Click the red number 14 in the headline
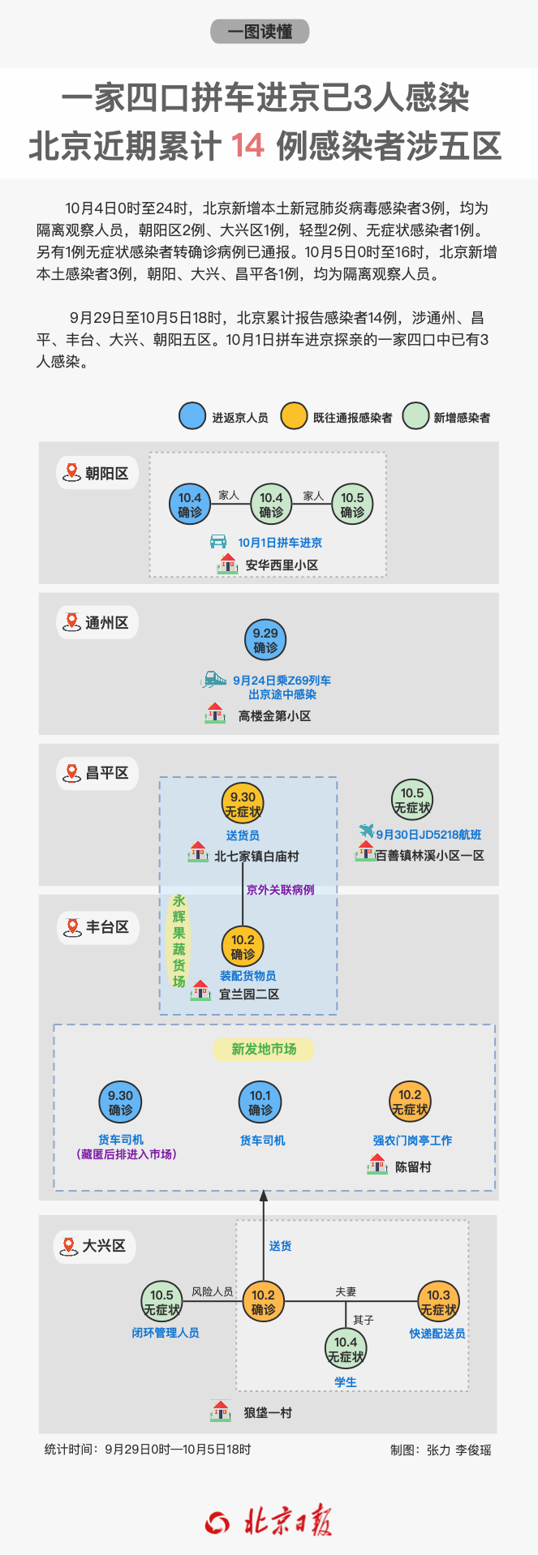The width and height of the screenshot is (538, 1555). click(x=247, y=146)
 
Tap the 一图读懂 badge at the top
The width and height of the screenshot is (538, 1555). click(x=260, y=32)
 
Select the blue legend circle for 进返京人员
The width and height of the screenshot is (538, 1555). click(x=192, y=416)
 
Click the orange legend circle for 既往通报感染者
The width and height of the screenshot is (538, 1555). click(x=294, y=416)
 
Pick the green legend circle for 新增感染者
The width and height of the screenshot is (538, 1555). click(x=415, y=416)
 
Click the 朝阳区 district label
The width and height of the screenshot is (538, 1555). click(x=97, y=473)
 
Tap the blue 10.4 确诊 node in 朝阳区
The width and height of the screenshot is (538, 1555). click(x=190, y=505)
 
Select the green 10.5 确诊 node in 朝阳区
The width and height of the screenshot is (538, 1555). click(x=352, y=505)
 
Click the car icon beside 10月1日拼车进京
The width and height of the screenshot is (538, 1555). click(x=218, y=541)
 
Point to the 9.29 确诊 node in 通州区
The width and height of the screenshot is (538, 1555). click(x=265, y=640)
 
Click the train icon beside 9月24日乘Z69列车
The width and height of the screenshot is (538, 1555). click(x=214, y=679)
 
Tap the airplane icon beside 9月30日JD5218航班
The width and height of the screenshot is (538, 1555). click(x=367, y=831)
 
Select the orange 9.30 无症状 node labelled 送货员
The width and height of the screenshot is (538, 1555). click(x=243, y=804)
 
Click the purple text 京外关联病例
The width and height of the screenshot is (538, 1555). click(x=280, y=890)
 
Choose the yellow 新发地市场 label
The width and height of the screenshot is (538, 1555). click(x=264, y=1049)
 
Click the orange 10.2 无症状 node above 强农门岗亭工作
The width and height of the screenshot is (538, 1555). click(x=410, y=1102)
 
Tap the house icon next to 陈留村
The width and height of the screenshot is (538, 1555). click(x=377, y=1164)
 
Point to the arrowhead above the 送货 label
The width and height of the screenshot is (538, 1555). click(x=263, y=1195)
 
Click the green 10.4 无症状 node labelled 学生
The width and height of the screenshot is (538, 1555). click(x=346, y=1349)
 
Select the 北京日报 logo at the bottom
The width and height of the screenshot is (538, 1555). click(x=269, y=1523)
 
